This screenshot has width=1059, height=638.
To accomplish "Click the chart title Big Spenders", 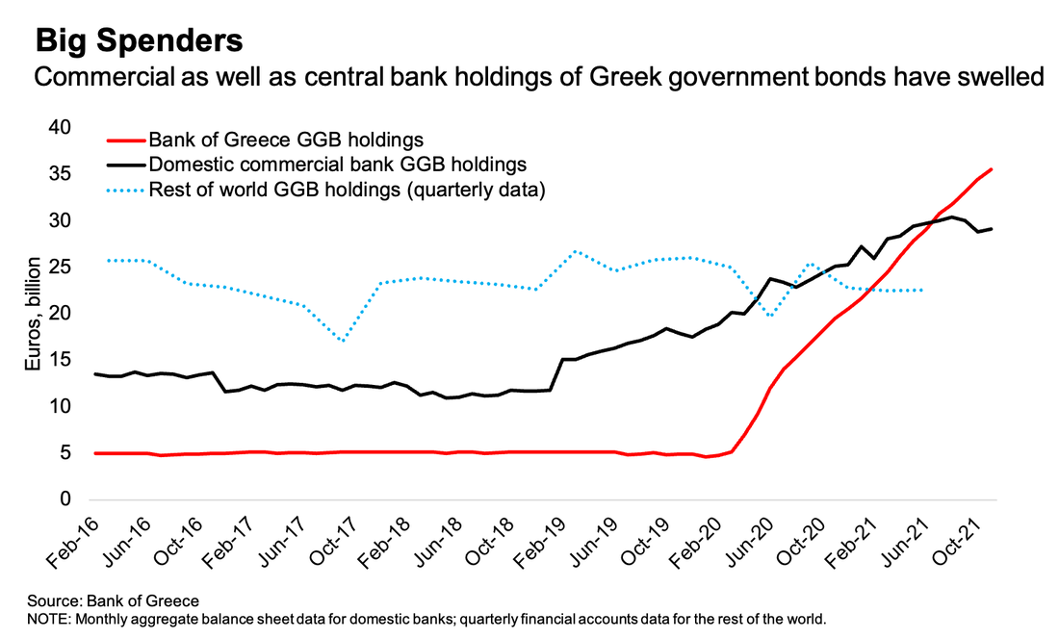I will tap(139, 41).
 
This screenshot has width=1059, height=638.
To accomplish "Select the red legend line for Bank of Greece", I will tap(122, 140).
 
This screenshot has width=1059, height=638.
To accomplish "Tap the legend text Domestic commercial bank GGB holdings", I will tap(337, 165).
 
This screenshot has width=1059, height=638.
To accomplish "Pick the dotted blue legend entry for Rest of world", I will tap(122, 190).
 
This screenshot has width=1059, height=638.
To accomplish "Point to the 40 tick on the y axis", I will tap(60, 127).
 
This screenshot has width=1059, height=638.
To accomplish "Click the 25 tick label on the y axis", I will tap(60, 267).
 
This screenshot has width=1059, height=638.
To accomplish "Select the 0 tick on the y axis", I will tap(65, 499).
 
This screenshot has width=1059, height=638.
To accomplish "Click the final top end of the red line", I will tap(992, 169).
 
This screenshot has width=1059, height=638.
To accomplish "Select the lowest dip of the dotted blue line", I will tap(344, 341).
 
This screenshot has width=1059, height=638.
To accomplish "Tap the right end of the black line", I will tap(992, 228).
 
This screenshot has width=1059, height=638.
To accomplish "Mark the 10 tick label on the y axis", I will tap(60, 406).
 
